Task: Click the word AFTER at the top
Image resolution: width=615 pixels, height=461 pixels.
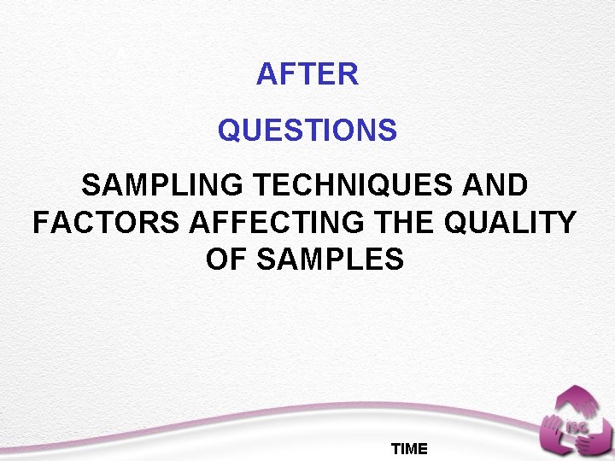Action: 307,75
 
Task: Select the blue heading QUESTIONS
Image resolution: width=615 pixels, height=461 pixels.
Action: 307,131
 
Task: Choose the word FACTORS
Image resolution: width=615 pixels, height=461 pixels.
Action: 106,223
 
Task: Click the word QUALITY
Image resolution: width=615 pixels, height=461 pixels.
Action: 512,223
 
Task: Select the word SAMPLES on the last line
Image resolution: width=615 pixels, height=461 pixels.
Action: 330,260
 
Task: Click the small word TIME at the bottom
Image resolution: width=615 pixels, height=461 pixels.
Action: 409,449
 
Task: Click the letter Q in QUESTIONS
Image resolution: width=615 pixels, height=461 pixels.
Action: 229,131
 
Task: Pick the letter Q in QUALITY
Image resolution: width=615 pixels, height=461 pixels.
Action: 457,223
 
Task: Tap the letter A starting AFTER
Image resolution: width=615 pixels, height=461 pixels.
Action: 266,75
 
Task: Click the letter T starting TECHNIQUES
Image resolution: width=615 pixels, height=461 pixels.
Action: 264,186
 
